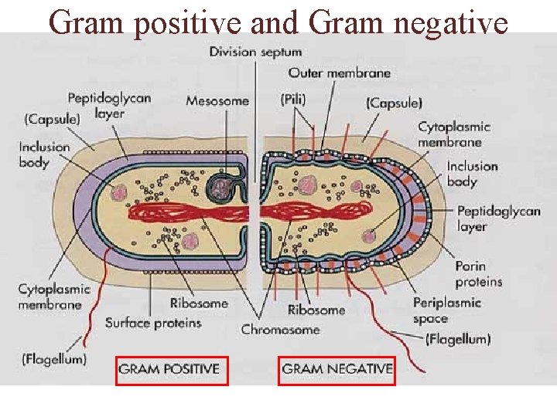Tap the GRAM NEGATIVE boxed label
point(337,369)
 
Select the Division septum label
point(256,53)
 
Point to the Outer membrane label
point(340,73)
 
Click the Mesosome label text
point(217,100)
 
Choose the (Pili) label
point(293,99)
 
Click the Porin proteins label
point(478,274)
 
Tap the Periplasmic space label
point(446,310)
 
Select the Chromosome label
point(280,330)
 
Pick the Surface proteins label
point(153,323)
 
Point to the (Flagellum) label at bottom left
point(54,359)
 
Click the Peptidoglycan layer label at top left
point(109,105)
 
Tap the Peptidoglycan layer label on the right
point(498,219)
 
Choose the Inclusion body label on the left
point(45,154)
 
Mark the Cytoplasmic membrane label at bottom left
point(54,297)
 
